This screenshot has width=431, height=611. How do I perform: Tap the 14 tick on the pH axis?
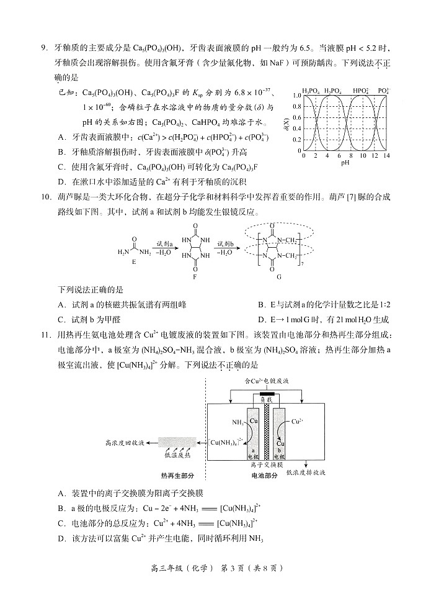(387, 156)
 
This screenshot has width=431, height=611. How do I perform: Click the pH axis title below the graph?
(345, 164)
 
